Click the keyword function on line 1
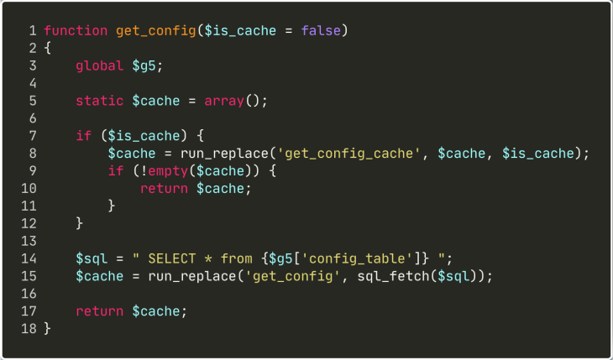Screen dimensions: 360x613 click(76, 31)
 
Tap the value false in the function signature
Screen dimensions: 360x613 click(321, 31)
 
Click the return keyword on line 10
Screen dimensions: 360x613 click(165, 189)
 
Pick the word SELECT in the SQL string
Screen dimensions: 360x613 click(172, 258)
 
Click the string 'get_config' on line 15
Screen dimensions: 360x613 click(293, 276)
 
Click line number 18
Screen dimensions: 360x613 click(29, 329)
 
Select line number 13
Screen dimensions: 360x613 click(29, 242)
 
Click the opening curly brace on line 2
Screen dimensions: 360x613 click(48, 49)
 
